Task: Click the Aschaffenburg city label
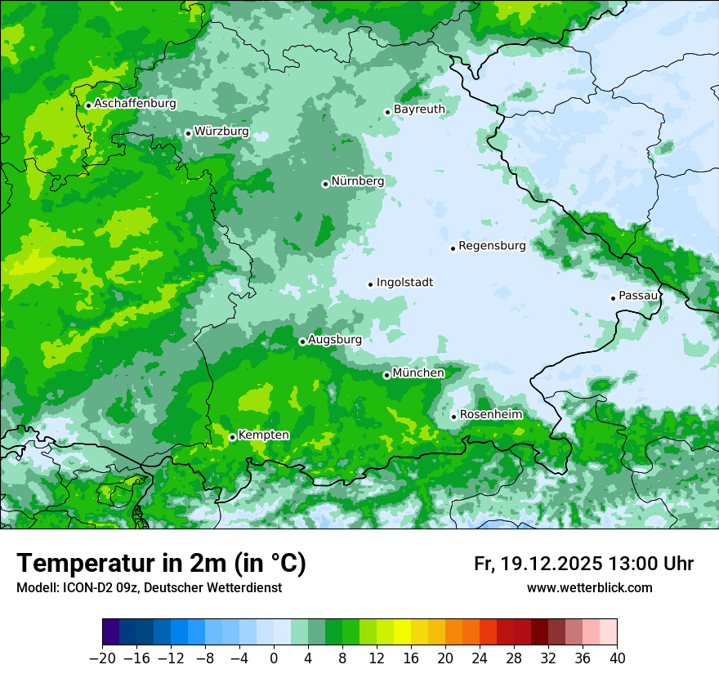click(x=135, y=104)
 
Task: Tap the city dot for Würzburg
click(x=188, y=133)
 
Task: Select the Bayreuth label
click(x=419, y=109)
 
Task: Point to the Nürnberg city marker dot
click(x=325, y=184)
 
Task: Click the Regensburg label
click(x=492, y=245)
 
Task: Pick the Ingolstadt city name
click(x=404, y=283)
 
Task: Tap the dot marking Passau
click(x=613, y=298)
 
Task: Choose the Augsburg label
click(x=334, y=340)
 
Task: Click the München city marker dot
click(x=386, y=376)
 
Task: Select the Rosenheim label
click(x=490, y=415)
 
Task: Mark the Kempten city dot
click(x=232, y=437)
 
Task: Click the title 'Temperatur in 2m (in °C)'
click(x=161, y=564)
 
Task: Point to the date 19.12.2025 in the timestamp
click(x=549, y=564)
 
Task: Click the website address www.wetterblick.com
click(x=589, y=587)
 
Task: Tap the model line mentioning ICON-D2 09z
click(x=149, y=587)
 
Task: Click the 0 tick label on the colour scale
click(x=274, y=658)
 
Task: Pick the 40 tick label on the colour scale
click(x=617, y=658)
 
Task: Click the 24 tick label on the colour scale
click(x=480, y=658)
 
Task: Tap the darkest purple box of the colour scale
click(x=110, y=632)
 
